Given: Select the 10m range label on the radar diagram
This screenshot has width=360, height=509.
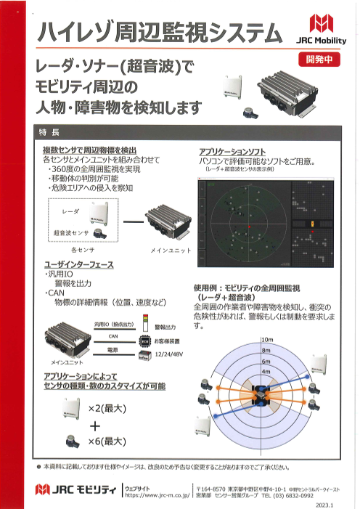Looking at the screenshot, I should pyautogui.click(x=266, y=340).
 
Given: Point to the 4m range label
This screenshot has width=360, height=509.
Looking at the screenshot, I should pyautogui.click(x=266, y=372).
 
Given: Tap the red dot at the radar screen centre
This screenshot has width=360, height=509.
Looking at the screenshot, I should pyautogui.click(x=248, y=227).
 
